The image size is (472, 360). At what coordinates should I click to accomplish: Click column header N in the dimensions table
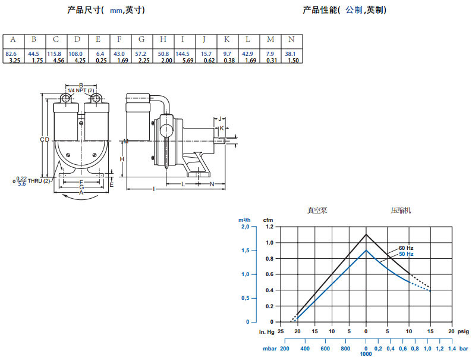point(291,39)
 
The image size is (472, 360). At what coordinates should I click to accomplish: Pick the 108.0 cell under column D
point(77,54)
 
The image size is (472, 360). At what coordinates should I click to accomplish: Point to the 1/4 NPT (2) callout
point(81,90)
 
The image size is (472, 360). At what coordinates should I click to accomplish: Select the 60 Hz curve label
point(406,248)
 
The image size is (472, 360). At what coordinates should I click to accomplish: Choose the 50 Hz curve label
point(406,254)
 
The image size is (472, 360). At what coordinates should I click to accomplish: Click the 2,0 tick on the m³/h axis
point(245,227)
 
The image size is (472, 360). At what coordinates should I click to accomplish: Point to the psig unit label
point(463,331)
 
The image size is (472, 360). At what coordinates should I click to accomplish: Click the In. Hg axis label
point(266,331)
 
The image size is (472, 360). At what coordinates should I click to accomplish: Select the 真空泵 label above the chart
point(317,211)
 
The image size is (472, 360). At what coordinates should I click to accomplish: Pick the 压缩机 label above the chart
point(401,211)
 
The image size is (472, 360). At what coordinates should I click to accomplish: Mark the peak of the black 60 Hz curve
point(366,234)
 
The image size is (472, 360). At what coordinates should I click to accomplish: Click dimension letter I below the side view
point(154,189)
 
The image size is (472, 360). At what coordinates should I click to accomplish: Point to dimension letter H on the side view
point(121,159)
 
